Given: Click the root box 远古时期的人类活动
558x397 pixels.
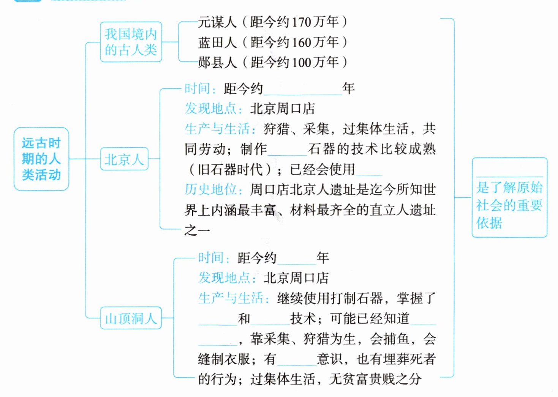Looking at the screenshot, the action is click(41, 159).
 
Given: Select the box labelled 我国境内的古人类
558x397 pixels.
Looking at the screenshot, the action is click(131, 42).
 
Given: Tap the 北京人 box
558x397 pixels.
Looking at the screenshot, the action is click(124, 159).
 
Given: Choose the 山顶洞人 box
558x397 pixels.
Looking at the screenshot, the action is click(131, 318).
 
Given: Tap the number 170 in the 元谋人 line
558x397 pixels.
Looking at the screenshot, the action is click(302, 22).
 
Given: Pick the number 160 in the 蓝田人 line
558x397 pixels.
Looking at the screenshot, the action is click(302, 42).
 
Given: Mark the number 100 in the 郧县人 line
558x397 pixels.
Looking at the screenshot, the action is click(302, 62).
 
